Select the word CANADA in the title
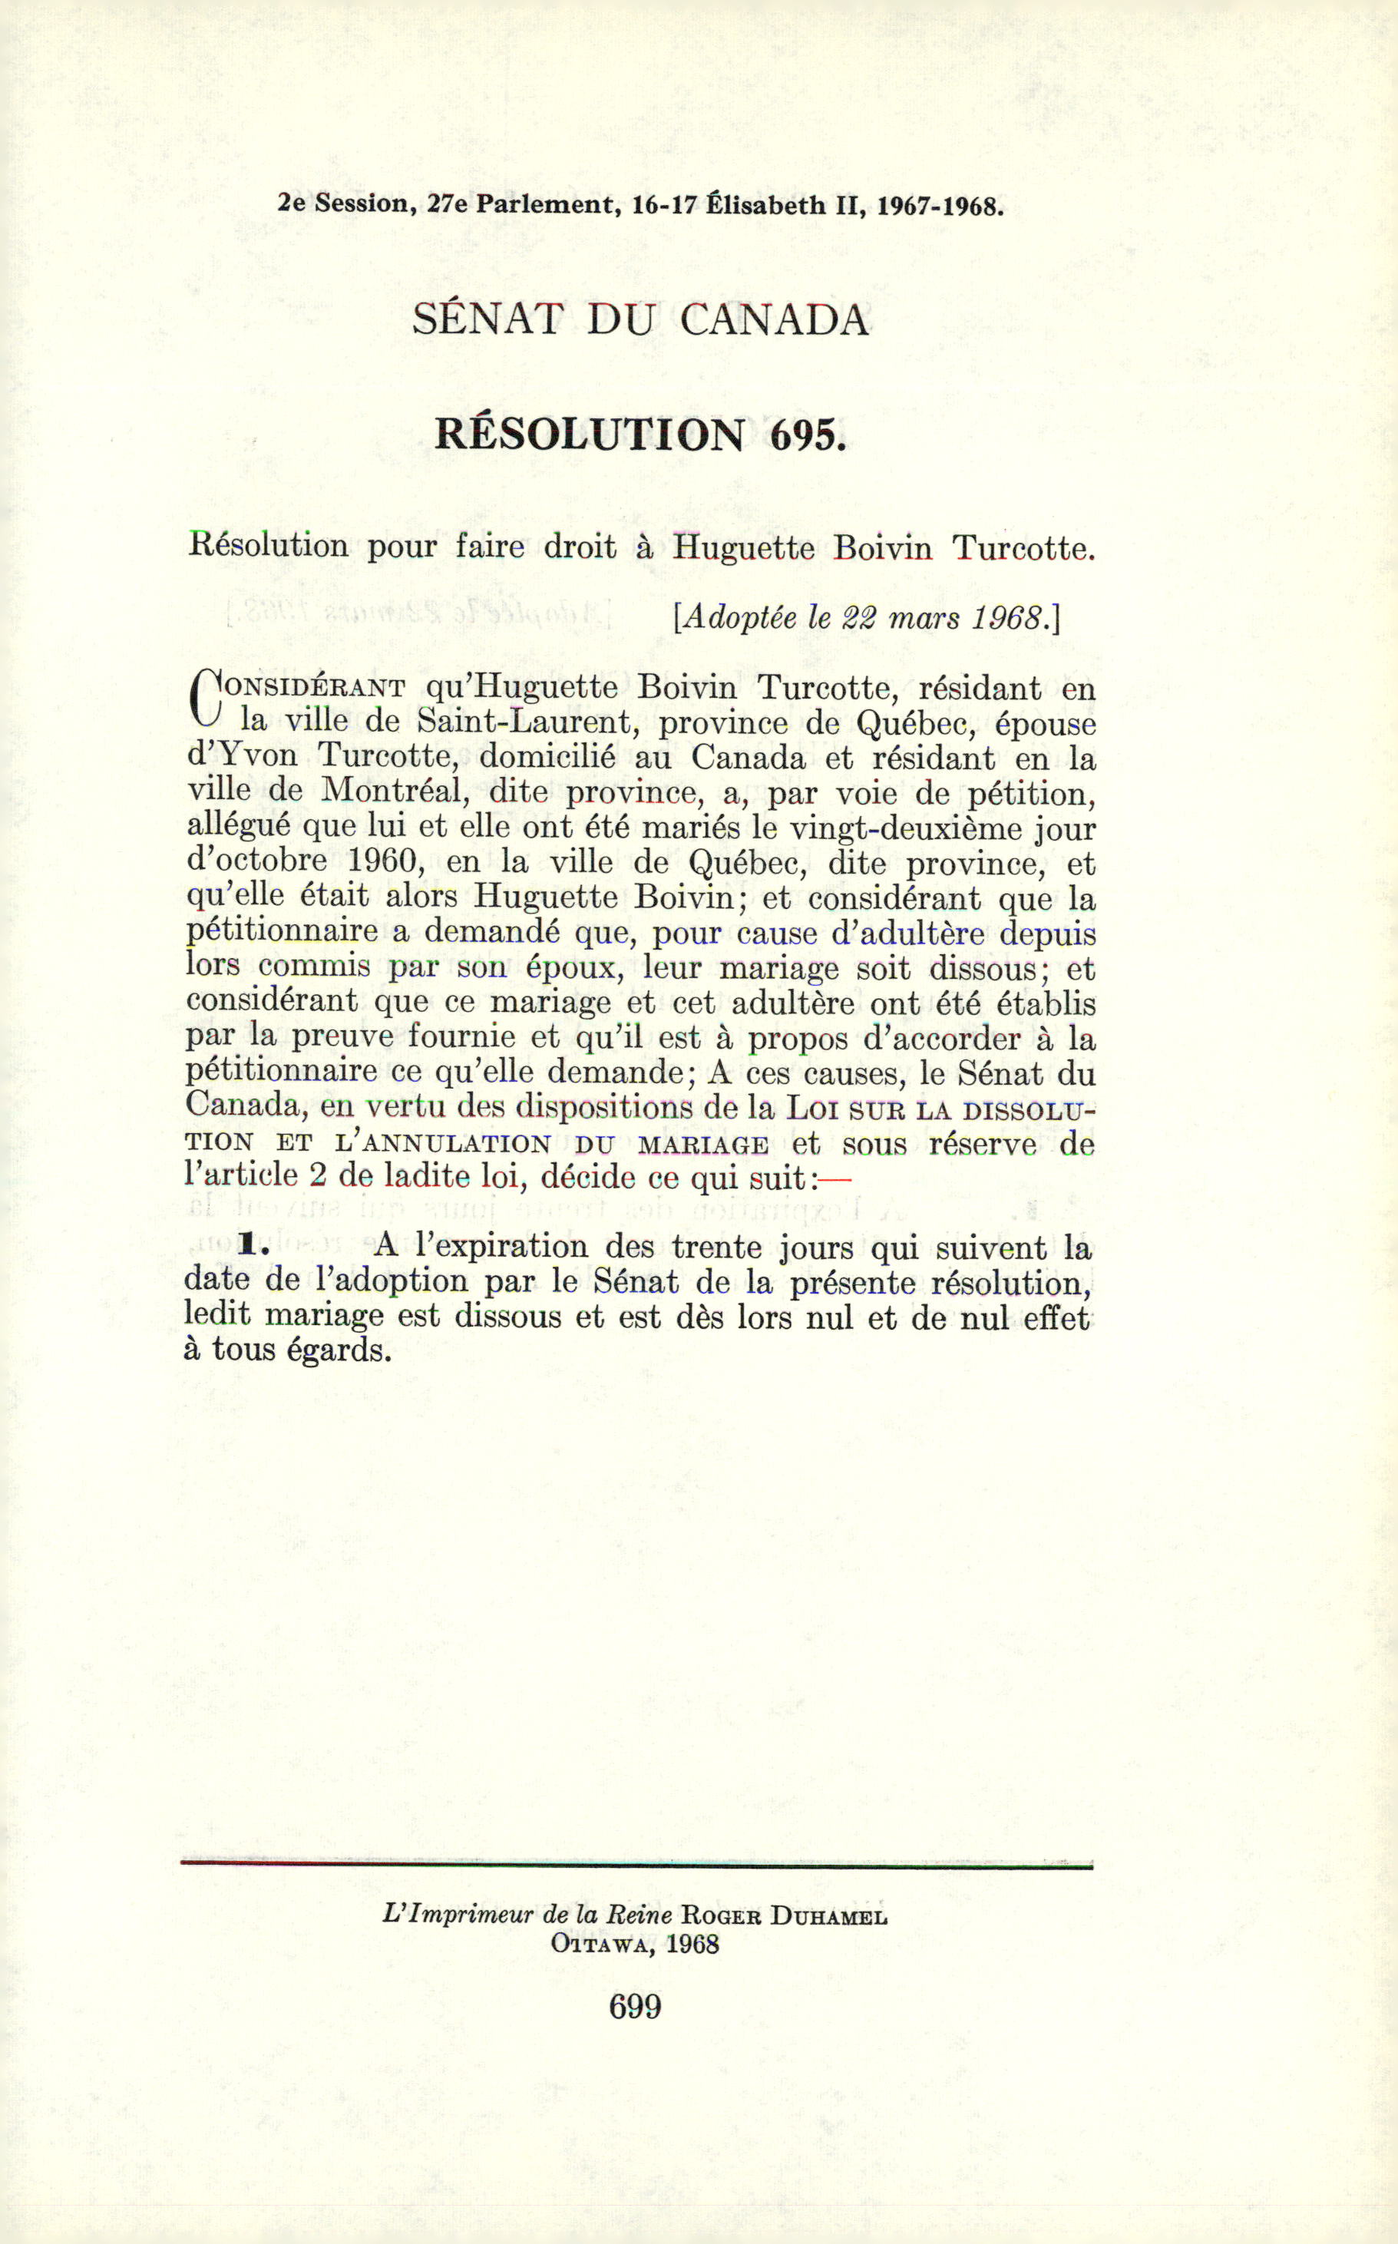point(774,320)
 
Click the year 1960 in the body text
point(385,861)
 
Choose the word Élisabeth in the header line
point(766,205)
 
